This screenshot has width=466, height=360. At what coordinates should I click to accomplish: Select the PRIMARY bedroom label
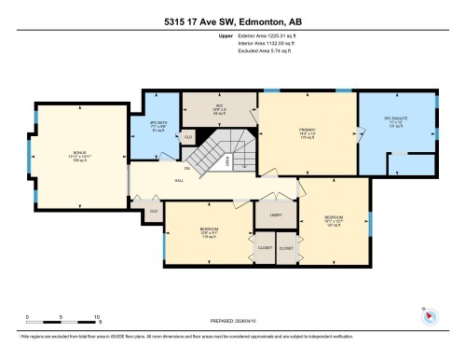308,131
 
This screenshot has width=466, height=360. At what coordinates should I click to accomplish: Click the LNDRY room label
277,215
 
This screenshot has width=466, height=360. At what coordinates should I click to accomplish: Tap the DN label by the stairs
213,168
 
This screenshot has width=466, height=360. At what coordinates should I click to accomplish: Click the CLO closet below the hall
153,211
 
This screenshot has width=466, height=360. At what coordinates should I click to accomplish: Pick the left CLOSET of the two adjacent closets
265,248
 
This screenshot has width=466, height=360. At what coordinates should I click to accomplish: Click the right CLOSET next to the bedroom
285,249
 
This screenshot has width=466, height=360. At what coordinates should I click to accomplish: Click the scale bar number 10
97,318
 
